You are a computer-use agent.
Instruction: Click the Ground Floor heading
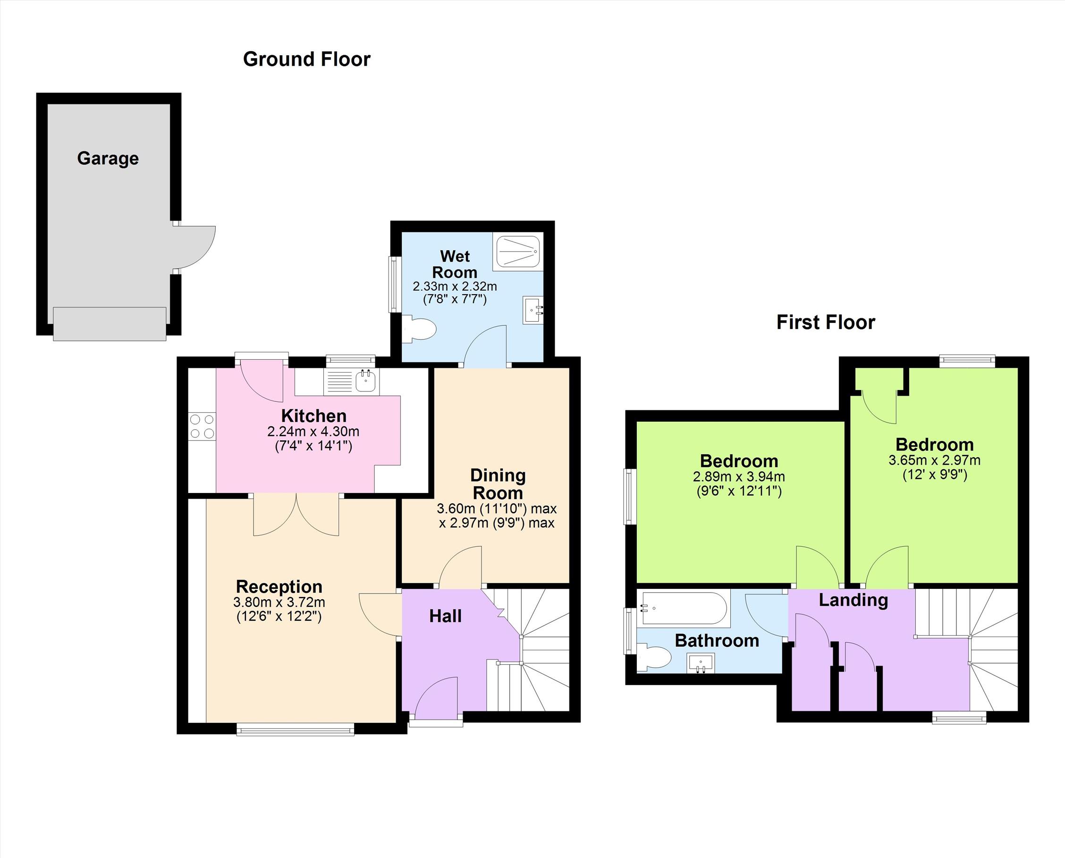(306, 59)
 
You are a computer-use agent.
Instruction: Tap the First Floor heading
(826, 322)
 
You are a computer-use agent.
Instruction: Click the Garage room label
(108, 158)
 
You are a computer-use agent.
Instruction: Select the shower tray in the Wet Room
(518, 251)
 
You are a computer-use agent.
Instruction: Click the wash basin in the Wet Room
(532, 310)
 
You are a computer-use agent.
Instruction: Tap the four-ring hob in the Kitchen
(202, 426)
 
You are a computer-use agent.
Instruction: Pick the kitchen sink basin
(365, 381)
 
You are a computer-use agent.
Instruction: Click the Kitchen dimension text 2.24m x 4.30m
(313, 432)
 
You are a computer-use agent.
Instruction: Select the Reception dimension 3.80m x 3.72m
(279, 602)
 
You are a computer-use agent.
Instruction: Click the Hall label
(445, 616)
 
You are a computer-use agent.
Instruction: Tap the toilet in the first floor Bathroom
(653, 658)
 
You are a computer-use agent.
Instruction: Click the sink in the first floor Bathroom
(701, 663)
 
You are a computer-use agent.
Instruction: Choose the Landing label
(853, 601)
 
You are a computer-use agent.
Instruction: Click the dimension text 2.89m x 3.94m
(738, 477)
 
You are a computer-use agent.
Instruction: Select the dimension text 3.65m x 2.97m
(934, 460)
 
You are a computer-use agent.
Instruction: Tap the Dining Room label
(498, 484)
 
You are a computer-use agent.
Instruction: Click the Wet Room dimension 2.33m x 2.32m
(455, 286)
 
